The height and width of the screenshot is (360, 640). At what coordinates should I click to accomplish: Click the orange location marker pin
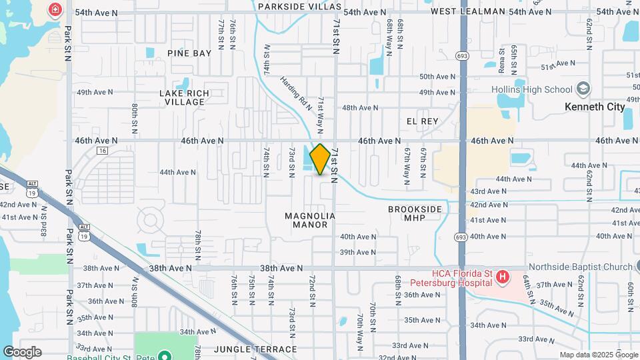tap(320, 159)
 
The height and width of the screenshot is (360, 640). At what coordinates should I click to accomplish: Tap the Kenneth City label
tap(594, 107)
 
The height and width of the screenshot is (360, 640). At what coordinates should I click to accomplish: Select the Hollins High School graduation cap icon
tap(583, 89)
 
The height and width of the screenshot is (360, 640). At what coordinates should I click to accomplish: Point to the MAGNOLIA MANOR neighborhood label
tap(309, 221)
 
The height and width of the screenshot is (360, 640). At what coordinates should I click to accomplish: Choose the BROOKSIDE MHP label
tap(415, 213)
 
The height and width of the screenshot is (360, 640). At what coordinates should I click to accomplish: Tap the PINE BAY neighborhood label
tap(189, 53)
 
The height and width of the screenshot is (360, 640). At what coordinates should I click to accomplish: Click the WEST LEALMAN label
tap(467, 12)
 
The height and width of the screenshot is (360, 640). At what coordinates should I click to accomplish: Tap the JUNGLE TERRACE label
tap(255, 349)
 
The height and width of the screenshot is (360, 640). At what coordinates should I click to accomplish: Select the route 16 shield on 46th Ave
tap(102, 151)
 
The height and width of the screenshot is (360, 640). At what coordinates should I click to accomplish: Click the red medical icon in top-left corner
tap(55, 10)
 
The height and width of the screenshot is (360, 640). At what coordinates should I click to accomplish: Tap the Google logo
tap(22, 352)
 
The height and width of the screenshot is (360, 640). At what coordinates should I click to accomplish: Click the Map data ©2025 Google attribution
tap(598, 355)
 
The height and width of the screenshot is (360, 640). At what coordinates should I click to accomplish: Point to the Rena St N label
tap(501, 57)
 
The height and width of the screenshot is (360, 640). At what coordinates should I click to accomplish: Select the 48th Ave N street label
tap(360, 107)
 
